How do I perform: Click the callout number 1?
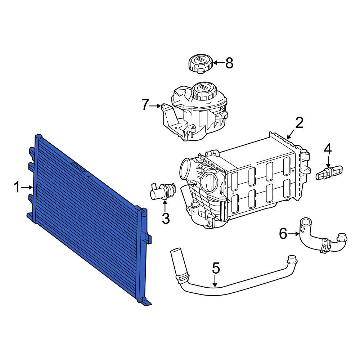[x=17, y=187]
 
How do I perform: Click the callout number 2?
[x=300, y=123]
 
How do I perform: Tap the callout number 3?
[x=165, y=218]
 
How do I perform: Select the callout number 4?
[x=328, y=149]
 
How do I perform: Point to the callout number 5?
[x=215, y=268]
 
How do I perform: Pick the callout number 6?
[x=284, y=234]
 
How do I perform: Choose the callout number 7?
[x=145, y=105]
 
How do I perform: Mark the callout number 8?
[x=229, y=63]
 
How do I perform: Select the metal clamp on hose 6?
[x=325, y=246]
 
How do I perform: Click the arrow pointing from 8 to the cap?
[x=219, y=63]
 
